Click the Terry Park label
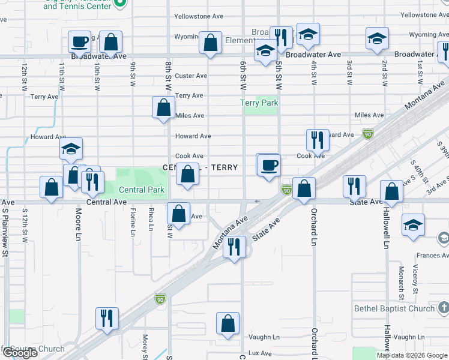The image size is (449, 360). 260,103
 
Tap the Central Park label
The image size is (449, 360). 142,190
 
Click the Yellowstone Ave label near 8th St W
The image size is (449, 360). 199,17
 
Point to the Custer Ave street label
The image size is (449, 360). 191,76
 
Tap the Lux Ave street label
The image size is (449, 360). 261,353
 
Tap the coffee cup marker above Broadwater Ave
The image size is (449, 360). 79,41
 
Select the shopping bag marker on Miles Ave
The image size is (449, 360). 163,108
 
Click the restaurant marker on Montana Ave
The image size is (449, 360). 234,246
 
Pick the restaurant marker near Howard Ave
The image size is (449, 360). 318,140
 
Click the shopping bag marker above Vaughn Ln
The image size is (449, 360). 228,323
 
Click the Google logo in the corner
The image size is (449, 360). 20,353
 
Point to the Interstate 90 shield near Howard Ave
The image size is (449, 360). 368,134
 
